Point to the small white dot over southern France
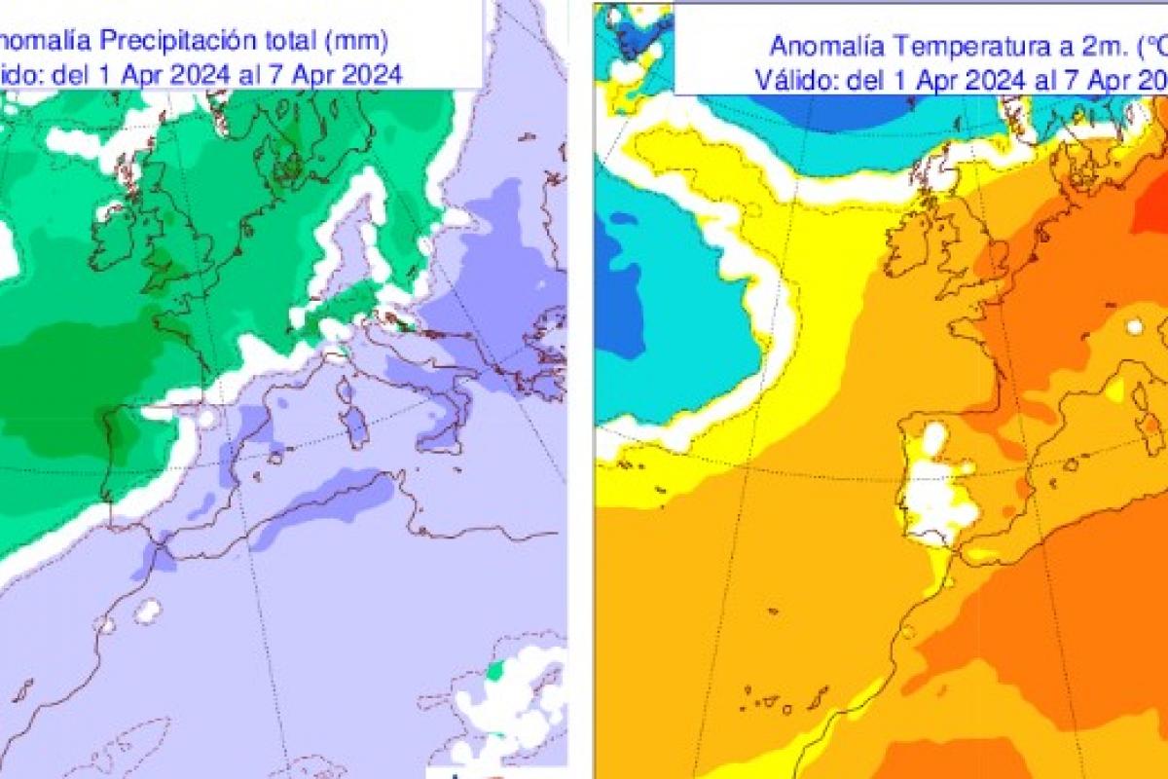click(x=1134, y=327)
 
